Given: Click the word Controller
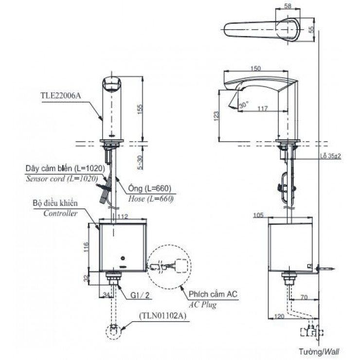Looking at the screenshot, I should (x=60, y=213).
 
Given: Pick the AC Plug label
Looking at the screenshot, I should (x=201, y=305).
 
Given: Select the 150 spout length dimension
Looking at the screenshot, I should (x=256, y=69).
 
